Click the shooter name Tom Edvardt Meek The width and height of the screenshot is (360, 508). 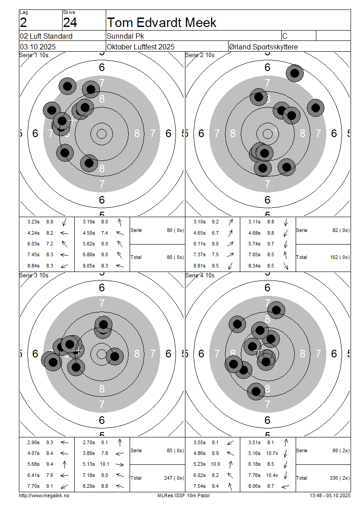pos(162,22)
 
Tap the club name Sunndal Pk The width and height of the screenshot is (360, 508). pos(126,36)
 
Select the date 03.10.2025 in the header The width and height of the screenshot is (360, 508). pos(38,47)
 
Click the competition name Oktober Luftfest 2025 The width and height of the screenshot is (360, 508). pos(141,47)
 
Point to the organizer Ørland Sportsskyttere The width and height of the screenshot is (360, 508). pos(263,47)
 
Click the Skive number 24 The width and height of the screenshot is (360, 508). pos(70,22)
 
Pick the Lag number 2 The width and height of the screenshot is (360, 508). pos(23,22)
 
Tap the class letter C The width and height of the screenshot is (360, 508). pos(285,36)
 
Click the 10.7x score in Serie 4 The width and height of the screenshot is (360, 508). pos(272,453)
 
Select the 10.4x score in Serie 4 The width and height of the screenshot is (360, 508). pos(272,475)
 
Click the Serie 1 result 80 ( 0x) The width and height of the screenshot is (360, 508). pos(175,230)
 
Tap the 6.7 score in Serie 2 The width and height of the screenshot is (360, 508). pos(215,233)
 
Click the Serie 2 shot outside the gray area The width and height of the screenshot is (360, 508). pos(295,73)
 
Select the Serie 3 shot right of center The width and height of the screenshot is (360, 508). pos(115,356)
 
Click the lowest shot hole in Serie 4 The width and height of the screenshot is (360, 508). pos(256,391)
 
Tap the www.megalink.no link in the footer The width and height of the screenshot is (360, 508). pos(44,495)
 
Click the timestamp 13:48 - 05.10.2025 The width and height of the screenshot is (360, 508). pos(330,495)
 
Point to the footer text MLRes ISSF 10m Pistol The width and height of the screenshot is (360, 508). pos(183,495)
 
